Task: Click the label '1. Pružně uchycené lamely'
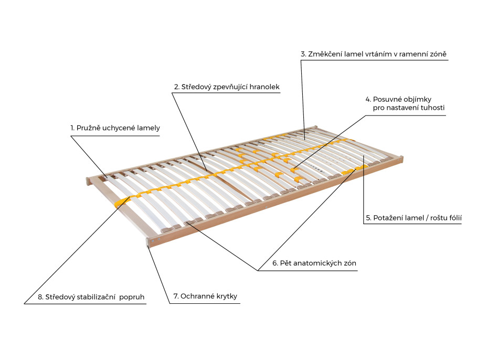tap(115, 128)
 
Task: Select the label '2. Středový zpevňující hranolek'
tap(227, 86)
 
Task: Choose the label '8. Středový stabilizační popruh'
tap(91, 297)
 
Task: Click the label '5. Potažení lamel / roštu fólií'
tap(414, 217)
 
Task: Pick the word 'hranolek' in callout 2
tap(266, 86)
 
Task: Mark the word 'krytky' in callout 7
tap(226, 296)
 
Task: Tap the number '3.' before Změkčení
tap(303, 54)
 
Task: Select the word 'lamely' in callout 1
tap(149, 128)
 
